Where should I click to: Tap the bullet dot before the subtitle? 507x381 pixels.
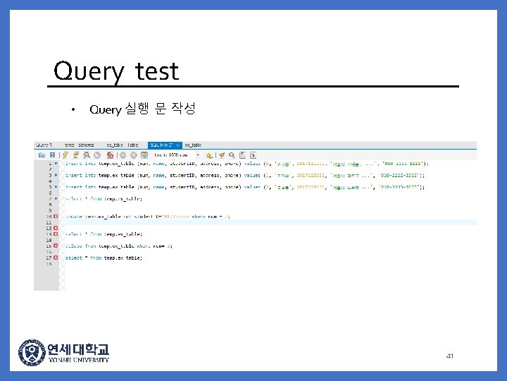point(73,110)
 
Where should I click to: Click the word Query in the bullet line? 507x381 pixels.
point(105,109)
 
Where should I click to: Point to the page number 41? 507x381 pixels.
point(449,356)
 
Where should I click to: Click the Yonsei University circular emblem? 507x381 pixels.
point(31,353)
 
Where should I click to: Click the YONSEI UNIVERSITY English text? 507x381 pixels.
point(78,360)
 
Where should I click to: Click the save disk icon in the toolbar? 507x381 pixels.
point(52,155)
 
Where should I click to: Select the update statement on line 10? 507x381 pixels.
point(148,217)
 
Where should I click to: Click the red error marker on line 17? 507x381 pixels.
point(56,258)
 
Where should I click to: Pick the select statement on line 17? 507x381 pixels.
point(104,258)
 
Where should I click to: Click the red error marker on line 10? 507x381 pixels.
point(56,217)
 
